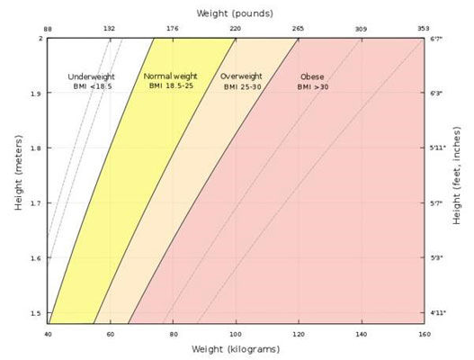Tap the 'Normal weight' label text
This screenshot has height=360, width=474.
point(170,76)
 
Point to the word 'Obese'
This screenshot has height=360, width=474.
point(312,76)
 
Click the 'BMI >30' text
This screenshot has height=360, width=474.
point(313,86)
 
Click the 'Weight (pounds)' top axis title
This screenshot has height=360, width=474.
point(237,13)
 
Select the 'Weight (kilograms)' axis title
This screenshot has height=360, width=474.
point(236,348)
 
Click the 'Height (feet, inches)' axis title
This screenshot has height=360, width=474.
point(458,180)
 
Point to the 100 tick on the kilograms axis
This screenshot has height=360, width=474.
point(236,334)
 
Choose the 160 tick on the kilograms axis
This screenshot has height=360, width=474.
point(424,334)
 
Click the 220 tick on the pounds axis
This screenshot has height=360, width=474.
point(236,30)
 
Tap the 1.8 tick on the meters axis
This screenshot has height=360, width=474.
point(36,148)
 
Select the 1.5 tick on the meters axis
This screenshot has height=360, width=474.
point(36,313)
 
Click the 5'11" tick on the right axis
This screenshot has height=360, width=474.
point(437,148)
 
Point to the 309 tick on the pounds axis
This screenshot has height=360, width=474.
point(361,30)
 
